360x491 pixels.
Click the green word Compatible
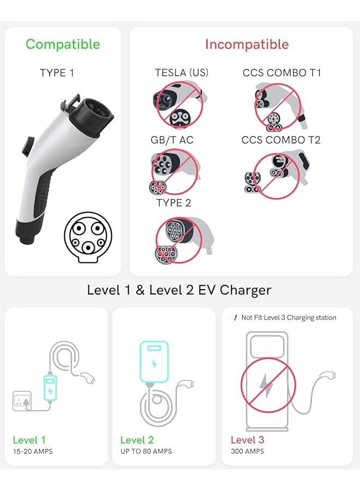(63, 44)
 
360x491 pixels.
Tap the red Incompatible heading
(247, 44)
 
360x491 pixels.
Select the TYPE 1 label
(57, 73)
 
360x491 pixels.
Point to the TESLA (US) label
(182, 73)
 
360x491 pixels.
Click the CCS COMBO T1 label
(281, 73)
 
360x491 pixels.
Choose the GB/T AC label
(172, 140)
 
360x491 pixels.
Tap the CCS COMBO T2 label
(281, 140)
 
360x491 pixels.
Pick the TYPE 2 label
(173, 202)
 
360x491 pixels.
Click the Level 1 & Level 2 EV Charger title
(179, 290)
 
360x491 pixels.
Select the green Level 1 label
(29, 440)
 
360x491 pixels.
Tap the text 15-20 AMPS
(33, 451)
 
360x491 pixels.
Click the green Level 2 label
(137, 440)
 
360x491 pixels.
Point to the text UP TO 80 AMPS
(146, 451)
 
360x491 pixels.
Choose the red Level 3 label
(247, 440)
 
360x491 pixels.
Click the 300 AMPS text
(248, 451)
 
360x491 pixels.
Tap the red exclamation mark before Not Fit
(235, 318)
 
